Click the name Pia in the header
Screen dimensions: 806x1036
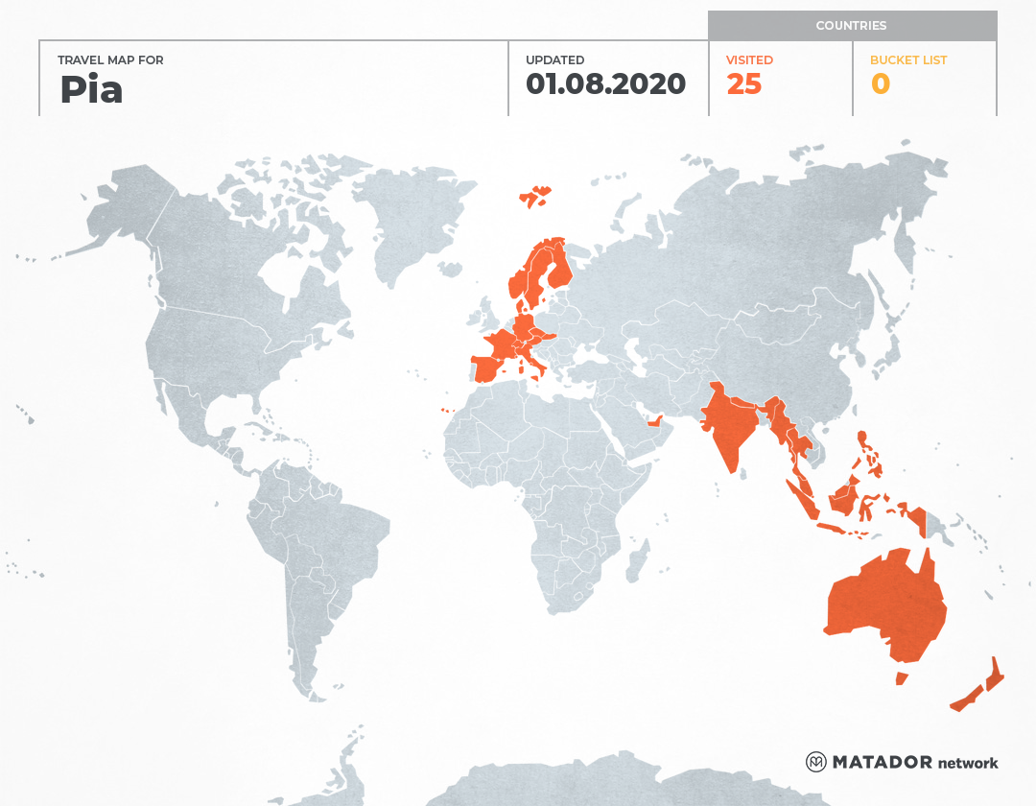[91, 89]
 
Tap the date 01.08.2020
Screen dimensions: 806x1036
[605, 84]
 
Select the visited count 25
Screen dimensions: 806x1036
[743, 84]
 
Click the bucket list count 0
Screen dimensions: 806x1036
[880, 84]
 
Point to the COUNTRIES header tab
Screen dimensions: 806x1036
[851, 26]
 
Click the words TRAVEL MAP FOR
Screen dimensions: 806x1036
[110, 60]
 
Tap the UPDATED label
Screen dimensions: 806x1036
[554, 60]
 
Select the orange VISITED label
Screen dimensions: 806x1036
[749, 60]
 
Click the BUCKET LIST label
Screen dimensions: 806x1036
[907, 60]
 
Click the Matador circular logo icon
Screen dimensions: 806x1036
[815, 762]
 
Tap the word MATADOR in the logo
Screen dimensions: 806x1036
[882, 762]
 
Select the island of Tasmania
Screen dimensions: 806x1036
[902, 678]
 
